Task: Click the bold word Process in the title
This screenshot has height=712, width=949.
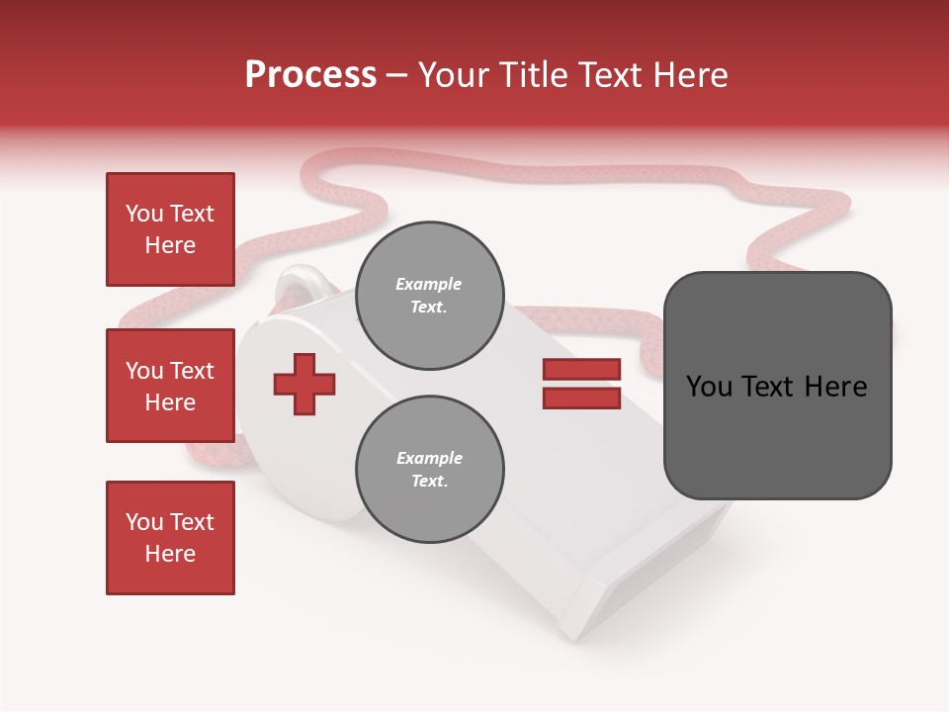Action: click(x=310, y=75)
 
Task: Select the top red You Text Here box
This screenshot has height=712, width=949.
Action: click(x=170, y=229)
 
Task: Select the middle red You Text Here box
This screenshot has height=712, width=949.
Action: click(x=170, y=386)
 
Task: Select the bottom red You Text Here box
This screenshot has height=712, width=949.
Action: click(x=170, y=537)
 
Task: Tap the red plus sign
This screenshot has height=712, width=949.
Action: click(x=304, y=383)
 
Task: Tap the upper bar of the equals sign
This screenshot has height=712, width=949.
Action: click(x=581, y=369)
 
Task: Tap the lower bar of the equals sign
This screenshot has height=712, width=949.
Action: click(x=581, y=398)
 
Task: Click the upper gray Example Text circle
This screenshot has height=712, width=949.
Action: click(x=429, y=296)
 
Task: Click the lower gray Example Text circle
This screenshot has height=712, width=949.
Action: click(x=429, y=469)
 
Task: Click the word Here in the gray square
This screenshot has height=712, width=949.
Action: click(x=835, y=387)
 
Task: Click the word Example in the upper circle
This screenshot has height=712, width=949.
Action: click(x=429, y=284)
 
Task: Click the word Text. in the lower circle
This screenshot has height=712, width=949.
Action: click(x=429, y=482)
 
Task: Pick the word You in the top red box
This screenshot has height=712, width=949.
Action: click(x=144, y=214)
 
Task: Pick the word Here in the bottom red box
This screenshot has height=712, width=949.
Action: click(x=170, y=554)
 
